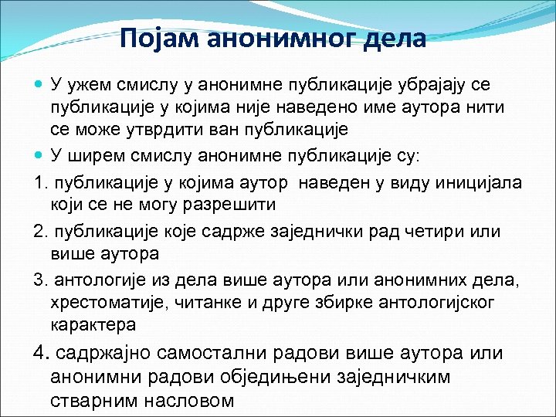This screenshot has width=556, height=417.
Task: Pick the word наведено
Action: pos(314,107)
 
